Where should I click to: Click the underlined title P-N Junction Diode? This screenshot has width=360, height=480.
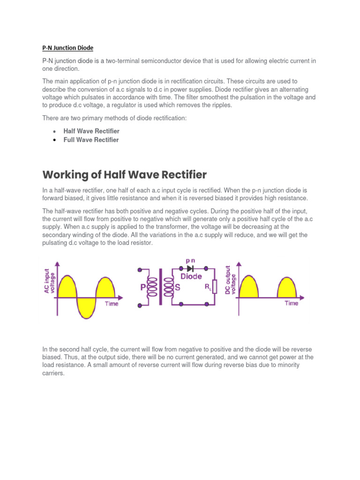coord(67,48)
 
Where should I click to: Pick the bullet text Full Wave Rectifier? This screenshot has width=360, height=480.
coord(91,140)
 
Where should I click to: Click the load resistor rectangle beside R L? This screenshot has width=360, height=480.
coord(214,286)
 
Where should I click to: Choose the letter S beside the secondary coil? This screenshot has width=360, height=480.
coord(178,286)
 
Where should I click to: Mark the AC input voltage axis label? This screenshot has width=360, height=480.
coord(49,283)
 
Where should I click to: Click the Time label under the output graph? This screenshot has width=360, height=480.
coord(292,303)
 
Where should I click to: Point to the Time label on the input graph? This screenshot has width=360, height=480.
coord(112,304)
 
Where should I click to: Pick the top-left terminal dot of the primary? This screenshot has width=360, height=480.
coord(140,270)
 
